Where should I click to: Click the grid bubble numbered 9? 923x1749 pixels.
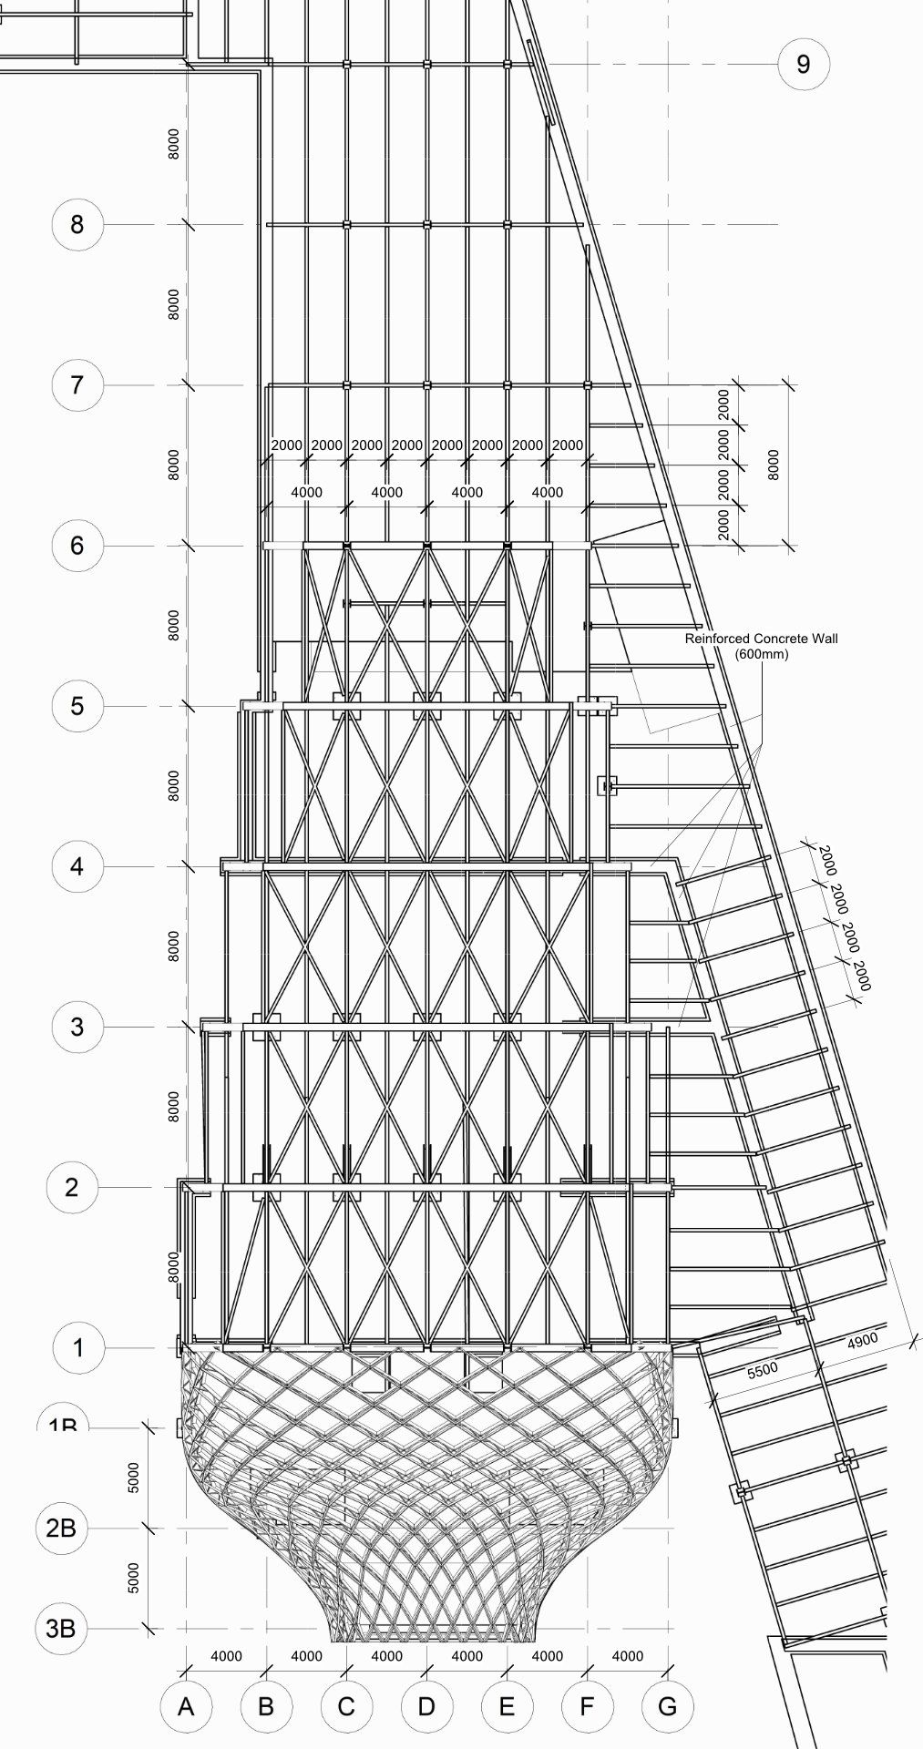tap(803, 64)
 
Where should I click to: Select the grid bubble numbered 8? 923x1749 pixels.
tap(77, 224)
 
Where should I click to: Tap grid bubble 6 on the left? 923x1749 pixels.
tap(77, 546)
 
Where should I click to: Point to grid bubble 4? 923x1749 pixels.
tap(77, 865)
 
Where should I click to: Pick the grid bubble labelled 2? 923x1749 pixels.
tap(72, 1187)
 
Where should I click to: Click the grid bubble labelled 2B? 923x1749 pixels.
tap(60, 1528)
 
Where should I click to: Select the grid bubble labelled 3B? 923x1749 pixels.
tap(60, 1627)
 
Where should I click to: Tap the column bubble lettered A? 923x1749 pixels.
tap(186, 1705)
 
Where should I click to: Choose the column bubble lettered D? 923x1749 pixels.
tap(426, 1705)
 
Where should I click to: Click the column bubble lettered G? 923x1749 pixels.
tap(667, 1705)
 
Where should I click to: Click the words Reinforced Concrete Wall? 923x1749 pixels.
tap(761, 639)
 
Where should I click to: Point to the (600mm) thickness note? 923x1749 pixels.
tap(761, 654)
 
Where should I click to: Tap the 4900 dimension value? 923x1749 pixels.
tap(862, 1340)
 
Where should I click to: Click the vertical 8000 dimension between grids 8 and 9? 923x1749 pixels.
tap(174, 144)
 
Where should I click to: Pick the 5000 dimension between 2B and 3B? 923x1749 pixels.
tap(134, 1578)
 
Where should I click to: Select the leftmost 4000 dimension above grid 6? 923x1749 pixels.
tap(306, 492)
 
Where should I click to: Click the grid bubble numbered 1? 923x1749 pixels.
tap(77, 1347)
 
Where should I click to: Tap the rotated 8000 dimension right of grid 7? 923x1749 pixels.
tap(774, 465)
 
